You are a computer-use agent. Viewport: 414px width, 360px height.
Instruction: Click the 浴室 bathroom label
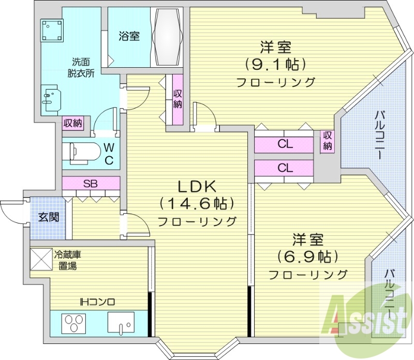click(x=128, y=37)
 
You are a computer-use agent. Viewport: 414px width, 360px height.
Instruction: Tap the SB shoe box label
click(x=91, y=183)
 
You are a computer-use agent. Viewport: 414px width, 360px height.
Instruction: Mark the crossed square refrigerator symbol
click(x=41, y=260)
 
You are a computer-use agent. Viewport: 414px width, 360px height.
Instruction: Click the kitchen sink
click(x=121, y=324)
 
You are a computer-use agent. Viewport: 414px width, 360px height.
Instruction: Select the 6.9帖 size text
click(x=307, y=256)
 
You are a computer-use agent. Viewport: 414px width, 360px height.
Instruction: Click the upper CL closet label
click(x=284, y=144)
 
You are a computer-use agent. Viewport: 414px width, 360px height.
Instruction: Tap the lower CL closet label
click(x=284, y=168)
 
